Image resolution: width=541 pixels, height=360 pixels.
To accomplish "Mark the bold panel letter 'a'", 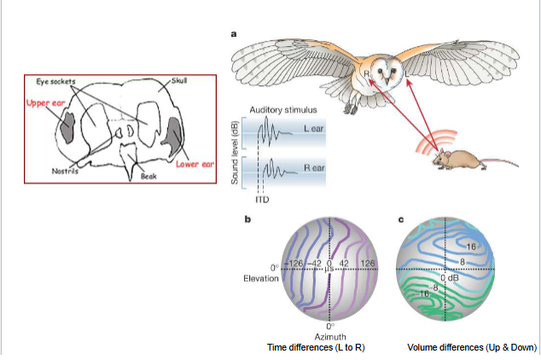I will (x=235, y=34).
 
